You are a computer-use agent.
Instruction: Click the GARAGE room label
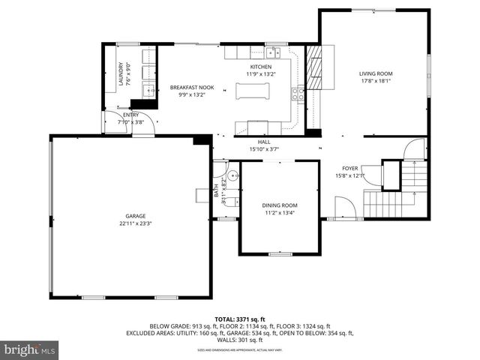click(x=135, y=216)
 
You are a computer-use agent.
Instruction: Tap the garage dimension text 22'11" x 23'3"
click(x=135, y=223)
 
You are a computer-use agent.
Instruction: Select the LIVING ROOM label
click(x=376, y=73)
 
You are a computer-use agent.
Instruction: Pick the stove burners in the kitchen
click(x=298, y=93)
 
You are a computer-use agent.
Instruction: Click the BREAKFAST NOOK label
click(x=187, y=88)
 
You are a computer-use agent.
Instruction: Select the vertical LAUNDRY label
click(x=121, y=75)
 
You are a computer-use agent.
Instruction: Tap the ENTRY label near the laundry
click(x=131, y=115)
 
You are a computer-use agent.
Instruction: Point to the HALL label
click(x=263, y=142)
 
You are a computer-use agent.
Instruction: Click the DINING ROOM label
click(x=280, y=205)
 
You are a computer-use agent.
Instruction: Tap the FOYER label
click(x=349, y=168)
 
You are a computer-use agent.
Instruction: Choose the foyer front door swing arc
click(x=343, y=207)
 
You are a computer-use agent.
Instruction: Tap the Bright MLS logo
click(x=30, y=349)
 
